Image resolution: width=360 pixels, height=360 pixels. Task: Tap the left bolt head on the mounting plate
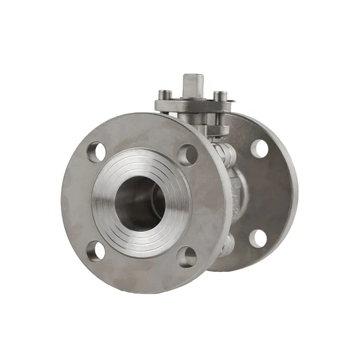[x=165, y=95]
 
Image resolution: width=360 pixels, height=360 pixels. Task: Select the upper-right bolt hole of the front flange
[x=188, y=154]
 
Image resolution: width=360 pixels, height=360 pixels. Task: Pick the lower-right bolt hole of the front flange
[x=187, y=257]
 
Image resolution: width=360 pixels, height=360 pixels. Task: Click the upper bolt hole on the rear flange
[x=259, y=148]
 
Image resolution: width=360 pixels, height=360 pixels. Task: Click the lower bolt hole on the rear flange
[x=257, y=238]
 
